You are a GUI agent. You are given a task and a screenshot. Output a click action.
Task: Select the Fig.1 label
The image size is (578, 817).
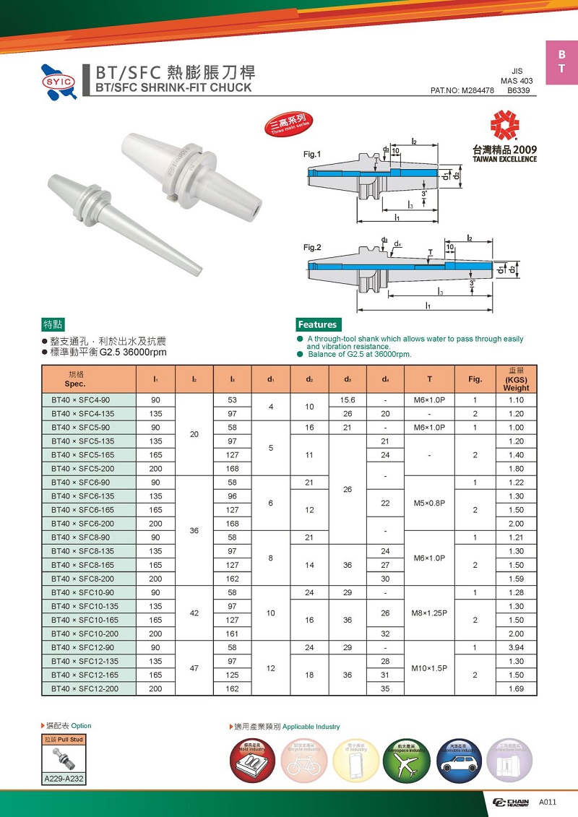click(x=312, y=154)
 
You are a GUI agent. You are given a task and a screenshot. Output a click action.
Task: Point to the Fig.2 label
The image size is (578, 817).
click(x=312, y=248)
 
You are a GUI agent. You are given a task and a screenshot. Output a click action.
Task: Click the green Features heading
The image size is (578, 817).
click(x=317, y=324)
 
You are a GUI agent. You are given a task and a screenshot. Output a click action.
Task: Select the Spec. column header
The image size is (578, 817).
click(x=76, y=379)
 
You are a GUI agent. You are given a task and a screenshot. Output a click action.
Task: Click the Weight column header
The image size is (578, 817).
click(x=516, y=379)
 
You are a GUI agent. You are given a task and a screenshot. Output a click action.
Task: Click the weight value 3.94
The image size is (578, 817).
click(x=516, y=647)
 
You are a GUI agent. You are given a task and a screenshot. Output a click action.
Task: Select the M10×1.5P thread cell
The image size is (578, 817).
click(x=429, y=667)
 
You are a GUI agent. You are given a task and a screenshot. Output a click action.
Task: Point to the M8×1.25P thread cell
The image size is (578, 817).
click(x=429, y=613)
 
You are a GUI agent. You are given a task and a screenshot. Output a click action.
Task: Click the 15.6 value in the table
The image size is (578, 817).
click(x=348, y=400)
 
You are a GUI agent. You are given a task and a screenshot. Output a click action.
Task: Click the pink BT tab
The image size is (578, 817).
click(x=561, y=63)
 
